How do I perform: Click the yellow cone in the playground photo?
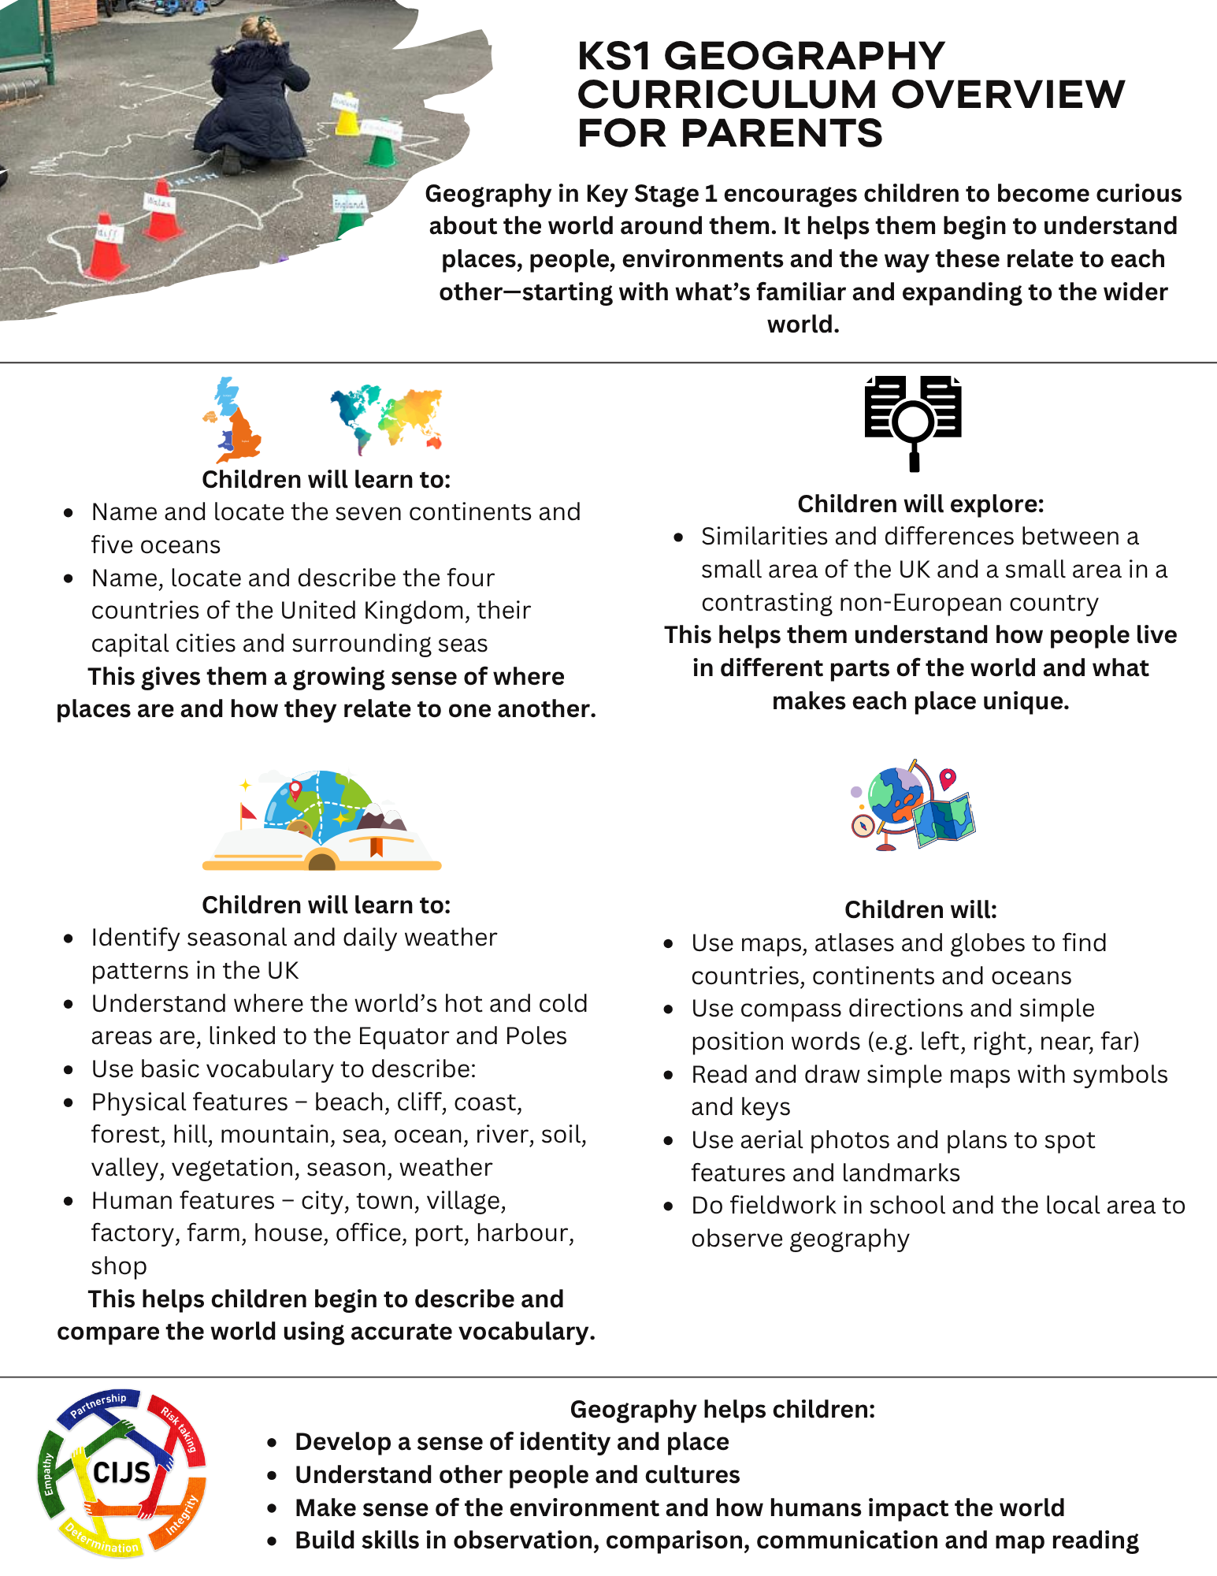coord(347,117)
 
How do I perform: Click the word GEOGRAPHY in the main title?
coord(804,57)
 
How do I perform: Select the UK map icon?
coord(232,420)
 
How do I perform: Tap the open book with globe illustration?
coord(321,821)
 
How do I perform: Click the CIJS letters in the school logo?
coord(121,1472)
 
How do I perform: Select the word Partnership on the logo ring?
coord(98,1405)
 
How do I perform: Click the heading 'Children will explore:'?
coord(920,504)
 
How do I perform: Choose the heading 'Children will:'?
coord(920,910)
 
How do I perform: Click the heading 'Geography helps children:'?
coord(722,1409)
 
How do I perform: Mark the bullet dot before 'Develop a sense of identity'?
coord(273,1443)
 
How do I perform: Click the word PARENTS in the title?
coord(781,133)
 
